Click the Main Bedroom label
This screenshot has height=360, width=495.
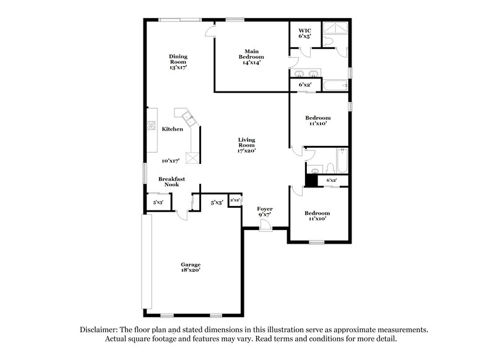(251, 56)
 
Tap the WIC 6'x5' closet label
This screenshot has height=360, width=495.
(304, 33)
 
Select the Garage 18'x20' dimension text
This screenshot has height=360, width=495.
(190, 267)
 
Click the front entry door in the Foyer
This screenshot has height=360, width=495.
(265, 226)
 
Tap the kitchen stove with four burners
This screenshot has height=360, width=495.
(151, 126)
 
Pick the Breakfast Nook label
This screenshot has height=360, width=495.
(171, 181)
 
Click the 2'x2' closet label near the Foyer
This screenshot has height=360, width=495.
(235, 200)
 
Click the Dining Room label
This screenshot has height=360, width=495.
(178, 61)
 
